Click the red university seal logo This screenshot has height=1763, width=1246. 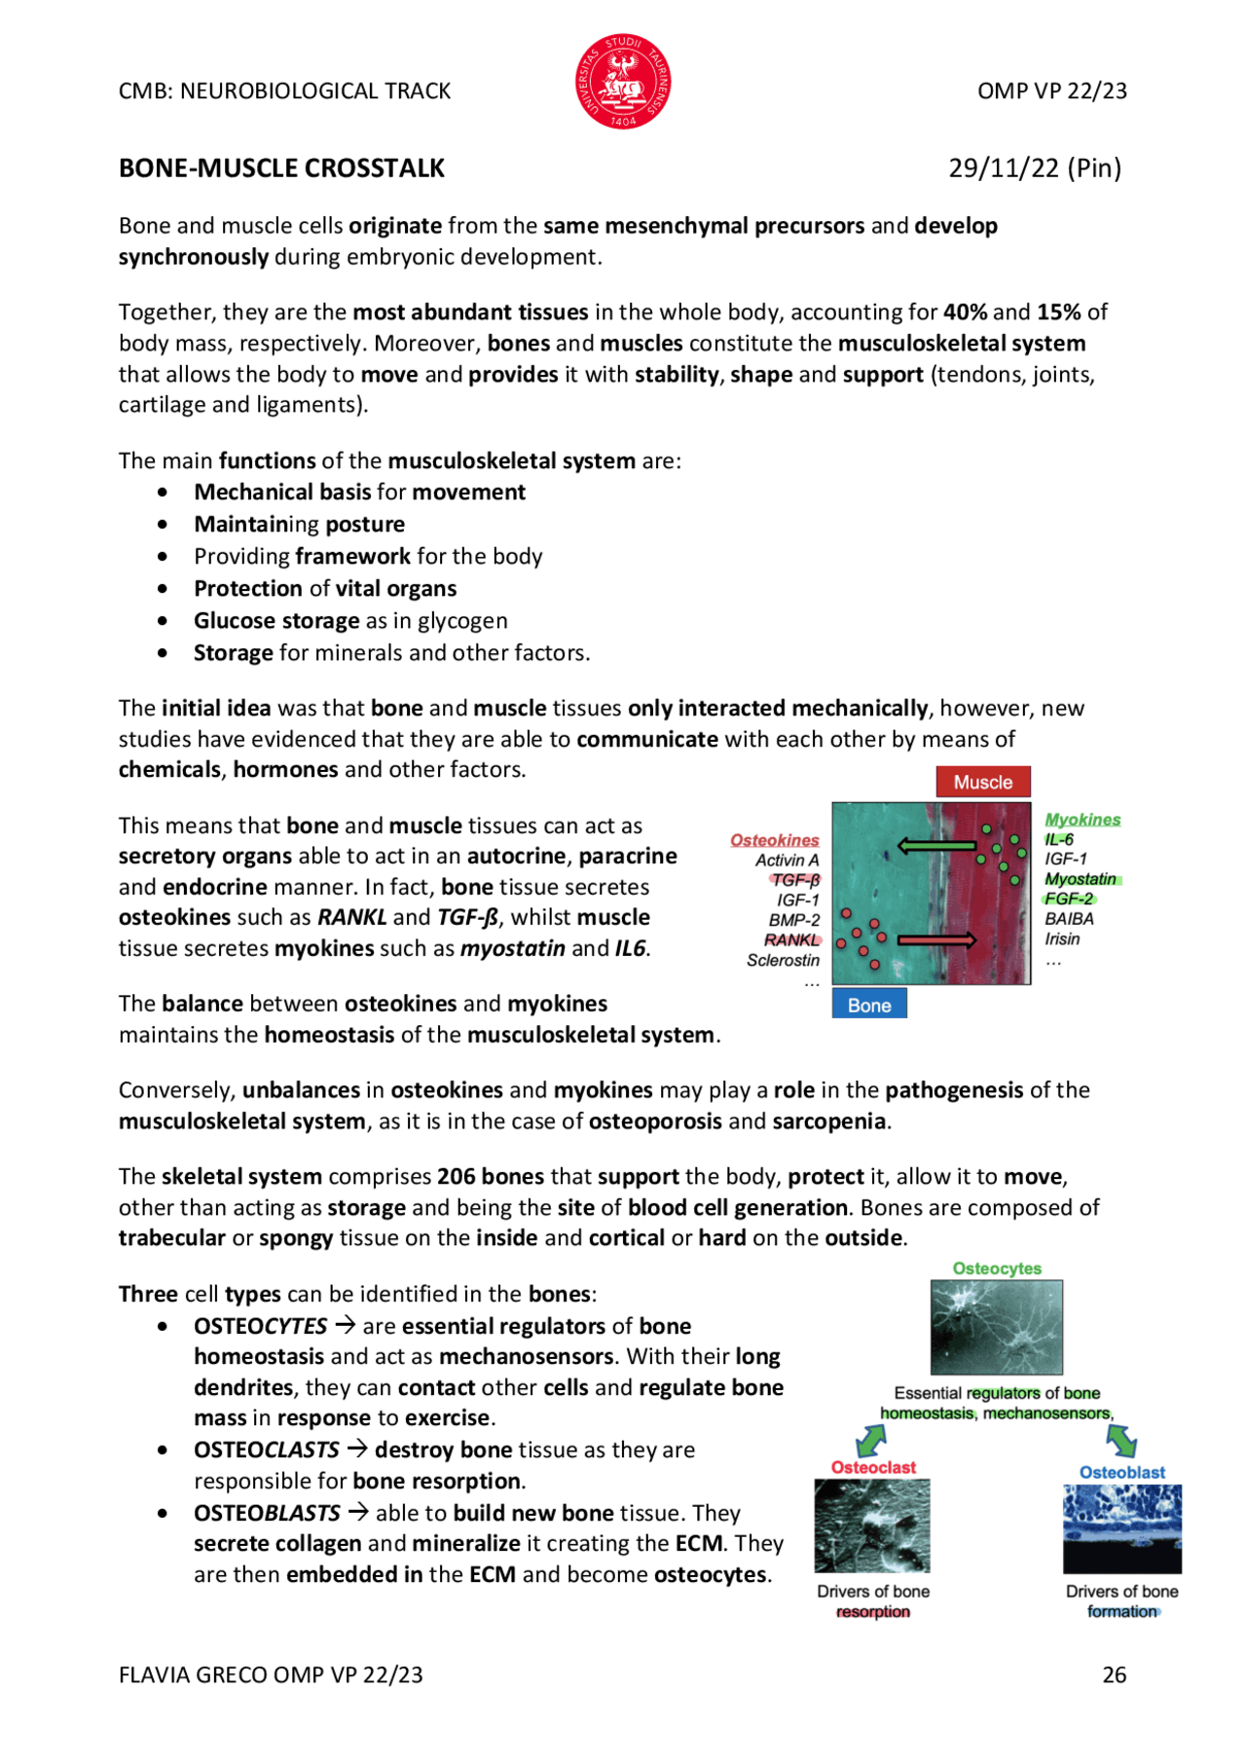(x=623, y=82)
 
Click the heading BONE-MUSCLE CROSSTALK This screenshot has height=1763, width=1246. (x=281, y=168)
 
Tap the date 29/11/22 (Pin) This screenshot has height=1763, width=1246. (x=1035, y=168)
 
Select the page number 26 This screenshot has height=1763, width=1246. (x=1114, y=1674)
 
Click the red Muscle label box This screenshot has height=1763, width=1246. (x=982, y=782)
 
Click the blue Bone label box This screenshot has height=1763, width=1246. (x=869, y=1005)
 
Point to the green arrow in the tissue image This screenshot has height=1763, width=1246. (x=936, y=845)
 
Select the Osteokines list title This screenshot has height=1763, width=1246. (x=775, y=840)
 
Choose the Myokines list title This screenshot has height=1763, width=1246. (x=1082, y=820)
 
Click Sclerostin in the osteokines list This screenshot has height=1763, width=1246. (x=783, y=960)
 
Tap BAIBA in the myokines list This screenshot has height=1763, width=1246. (x=1069, y=918)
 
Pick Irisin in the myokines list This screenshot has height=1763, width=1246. (x=1062, y=938)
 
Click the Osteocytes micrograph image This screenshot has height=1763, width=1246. (x=996, y=1326)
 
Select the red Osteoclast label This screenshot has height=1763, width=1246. (x=873, y=1467)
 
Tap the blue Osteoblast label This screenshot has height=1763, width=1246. (x=1121, y=1472)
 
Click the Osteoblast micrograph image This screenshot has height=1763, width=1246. (x=1121, y=1528)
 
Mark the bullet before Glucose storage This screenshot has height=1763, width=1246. (x=163, y=621)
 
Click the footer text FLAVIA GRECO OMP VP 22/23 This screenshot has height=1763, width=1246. (x=271, y=1674)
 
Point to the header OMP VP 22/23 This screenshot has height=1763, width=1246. (x=1051, y=91)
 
